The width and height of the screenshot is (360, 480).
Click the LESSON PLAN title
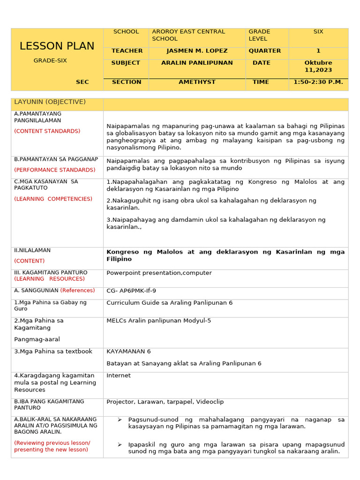tap(57, 46)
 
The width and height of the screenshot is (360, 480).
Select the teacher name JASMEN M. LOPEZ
tap(197, 51)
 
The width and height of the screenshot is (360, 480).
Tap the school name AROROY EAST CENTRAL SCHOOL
tap(188, 35)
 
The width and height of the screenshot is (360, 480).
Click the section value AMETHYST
tap(197, 82)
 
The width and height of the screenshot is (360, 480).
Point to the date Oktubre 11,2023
tap(318, 66)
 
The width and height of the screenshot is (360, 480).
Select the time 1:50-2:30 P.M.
tap(318, 82)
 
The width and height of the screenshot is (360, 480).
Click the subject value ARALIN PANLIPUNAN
tap(197, 63)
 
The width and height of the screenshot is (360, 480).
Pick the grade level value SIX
tap(318, 32)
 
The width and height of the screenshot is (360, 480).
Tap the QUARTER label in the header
tap(265, 51)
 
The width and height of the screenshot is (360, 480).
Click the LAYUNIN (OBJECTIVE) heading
tap(50, 102)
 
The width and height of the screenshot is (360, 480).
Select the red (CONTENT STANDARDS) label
tap(47, 131)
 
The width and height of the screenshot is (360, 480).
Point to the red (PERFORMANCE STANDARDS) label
tap(54, 170)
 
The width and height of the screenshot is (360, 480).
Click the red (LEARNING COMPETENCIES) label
tap(53, 199)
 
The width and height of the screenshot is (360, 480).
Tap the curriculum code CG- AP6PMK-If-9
tap(131, 291)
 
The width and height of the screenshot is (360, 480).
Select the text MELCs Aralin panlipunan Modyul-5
tap(159, 321)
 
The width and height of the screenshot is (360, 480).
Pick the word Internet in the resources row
tap(119, 375)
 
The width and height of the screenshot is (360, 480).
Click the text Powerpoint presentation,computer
tap(159, 273)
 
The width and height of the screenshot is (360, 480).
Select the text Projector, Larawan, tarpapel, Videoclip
tap(165, 402)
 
